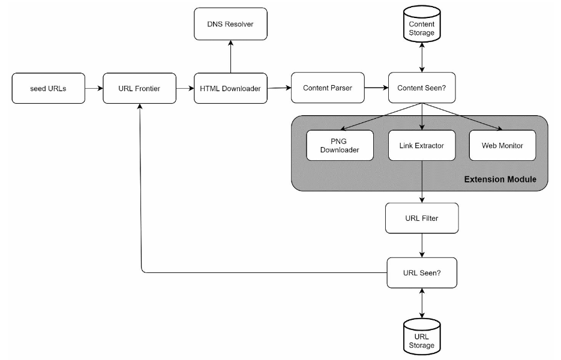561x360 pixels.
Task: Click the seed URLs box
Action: coord(49,88)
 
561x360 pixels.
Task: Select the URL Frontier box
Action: coord(140,88)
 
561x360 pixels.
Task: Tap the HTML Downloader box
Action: coord(230,88)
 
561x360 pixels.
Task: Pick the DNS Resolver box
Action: coord(230,24)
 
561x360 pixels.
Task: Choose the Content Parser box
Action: coord(328,88)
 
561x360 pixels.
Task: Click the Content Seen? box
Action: coord(422,88)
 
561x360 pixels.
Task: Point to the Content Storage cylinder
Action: coord(422,24)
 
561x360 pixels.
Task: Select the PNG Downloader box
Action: coord(340,145)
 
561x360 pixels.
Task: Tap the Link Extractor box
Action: coord(422,145)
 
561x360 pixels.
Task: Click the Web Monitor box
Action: coord(502,145)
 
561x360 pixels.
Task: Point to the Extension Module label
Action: coord(500,179)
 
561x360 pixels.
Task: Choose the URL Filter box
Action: coord(422,218)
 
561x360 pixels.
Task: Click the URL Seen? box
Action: coord(422,272)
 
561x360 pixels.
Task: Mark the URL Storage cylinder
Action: coord(422,337)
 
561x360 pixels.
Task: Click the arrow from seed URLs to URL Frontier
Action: coord(94,88)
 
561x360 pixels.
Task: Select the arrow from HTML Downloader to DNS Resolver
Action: coord(231,56)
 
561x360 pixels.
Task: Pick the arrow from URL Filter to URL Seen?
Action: coord(422,245)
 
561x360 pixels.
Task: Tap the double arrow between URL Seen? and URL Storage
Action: coord(422,304)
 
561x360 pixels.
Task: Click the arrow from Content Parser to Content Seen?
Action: coord(376,88)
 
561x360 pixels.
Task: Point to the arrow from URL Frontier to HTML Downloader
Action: coord(185,88)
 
